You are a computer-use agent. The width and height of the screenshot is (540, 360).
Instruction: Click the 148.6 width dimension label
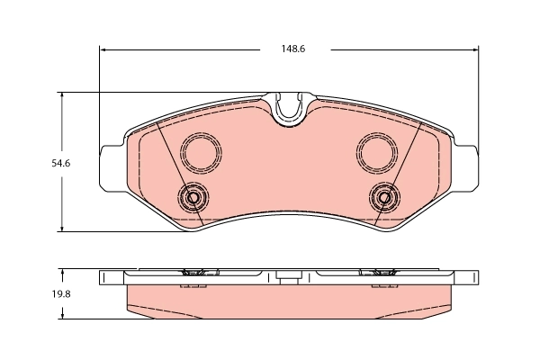pos(287,49)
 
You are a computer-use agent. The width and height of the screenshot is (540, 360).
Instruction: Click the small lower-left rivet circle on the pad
pos(192,197)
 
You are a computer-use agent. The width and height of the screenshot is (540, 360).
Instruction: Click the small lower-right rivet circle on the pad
pos(384,197)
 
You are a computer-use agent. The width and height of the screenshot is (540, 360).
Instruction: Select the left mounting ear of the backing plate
pos(110,167)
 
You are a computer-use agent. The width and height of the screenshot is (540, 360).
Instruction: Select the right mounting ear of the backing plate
pos(466,167)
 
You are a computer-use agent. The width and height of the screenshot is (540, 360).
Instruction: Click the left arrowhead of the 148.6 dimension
pos(103,49)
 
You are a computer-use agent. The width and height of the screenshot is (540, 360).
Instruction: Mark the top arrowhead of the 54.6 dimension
pos(61,96)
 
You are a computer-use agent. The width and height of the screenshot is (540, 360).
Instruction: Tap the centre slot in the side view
pos(287,279)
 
